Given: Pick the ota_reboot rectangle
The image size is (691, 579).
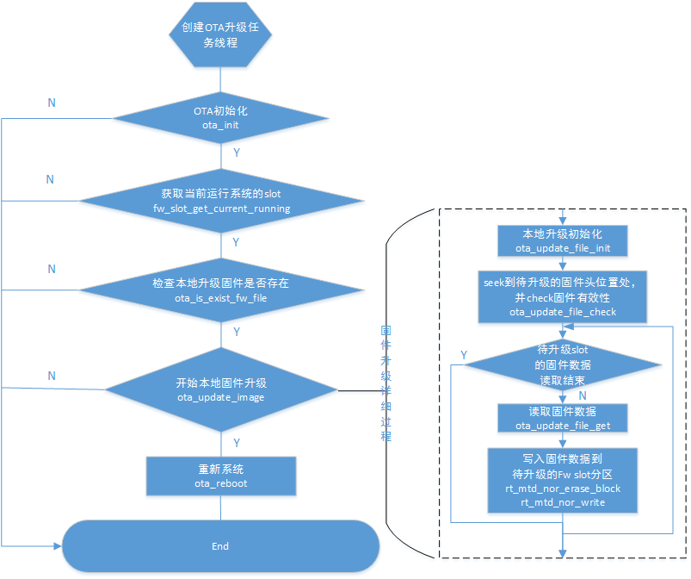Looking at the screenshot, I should point(220,476).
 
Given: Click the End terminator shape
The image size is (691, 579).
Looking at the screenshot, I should point(220,546).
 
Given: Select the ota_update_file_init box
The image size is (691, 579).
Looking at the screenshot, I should point(562,241).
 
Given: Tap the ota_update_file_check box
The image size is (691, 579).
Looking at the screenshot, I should point(562,297).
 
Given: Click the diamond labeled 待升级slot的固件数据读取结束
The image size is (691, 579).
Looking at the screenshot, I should point(562,365).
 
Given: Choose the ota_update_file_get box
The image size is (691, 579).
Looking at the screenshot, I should point(562,418).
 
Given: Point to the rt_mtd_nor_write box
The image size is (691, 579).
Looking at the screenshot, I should point(562,483).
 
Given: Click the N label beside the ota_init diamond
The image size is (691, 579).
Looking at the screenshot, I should point(51,103).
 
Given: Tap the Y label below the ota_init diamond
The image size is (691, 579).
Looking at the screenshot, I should point(237,153).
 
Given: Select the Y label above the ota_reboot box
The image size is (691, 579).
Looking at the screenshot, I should point(237,443).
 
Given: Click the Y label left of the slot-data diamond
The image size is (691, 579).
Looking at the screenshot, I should point(464,355).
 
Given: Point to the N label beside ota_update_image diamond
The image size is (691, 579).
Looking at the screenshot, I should point(51,376).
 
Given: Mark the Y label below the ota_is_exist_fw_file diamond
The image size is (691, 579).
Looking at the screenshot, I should point(237,331).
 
